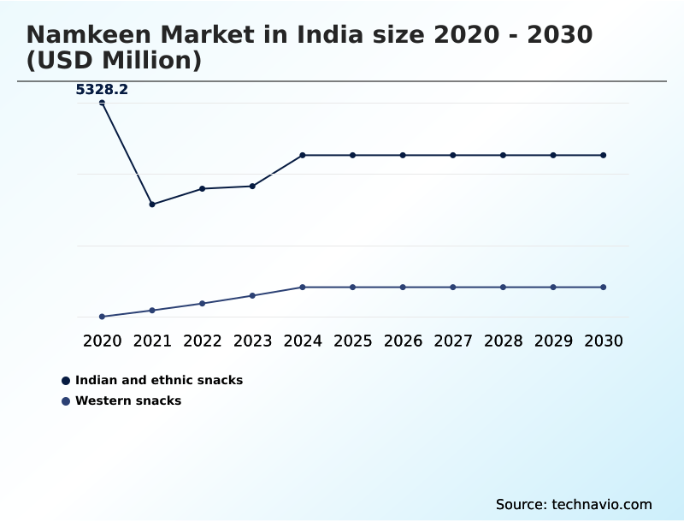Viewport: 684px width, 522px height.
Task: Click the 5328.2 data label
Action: click(x=102, y=89)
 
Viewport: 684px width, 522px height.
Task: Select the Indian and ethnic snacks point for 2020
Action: click(x=102, y=103)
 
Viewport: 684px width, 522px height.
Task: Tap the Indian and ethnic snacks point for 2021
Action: click(x=152, y=205)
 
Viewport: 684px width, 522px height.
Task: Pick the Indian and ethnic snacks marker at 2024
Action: click(x=303, y=155)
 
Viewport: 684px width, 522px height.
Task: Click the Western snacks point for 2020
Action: click(x=102, y=317)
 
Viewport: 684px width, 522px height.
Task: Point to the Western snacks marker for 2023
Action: click(x=252, y=296)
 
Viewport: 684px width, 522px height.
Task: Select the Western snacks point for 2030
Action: click(x=603, y=287)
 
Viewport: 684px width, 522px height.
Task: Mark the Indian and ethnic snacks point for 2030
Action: click(x=603, y=155)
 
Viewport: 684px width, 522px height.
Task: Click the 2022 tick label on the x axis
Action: click(x=203, y=341)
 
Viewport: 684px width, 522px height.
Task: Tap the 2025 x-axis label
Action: click(x=352, y=341)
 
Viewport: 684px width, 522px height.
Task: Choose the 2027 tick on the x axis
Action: click(x=453, y=341)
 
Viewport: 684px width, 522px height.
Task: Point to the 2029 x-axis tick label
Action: click(x=553, y=341)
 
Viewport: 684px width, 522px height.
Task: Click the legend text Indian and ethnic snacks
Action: click(x=159, y=380)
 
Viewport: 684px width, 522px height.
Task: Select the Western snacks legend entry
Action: click(x=128, y=400)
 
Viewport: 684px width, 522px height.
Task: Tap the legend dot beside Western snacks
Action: click(x=66, y=400)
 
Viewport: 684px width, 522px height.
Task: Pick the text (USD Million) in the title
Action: click(x=114, y=61)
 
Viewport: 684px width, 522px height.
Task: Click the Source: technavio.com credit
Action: click(x=574, y=504)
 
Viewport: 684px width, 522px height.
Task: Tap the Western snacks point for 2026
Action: click(x=403, y=287)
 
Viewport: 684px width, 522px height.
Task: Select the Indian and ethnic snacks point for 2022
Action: click(x=203, y=188)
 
